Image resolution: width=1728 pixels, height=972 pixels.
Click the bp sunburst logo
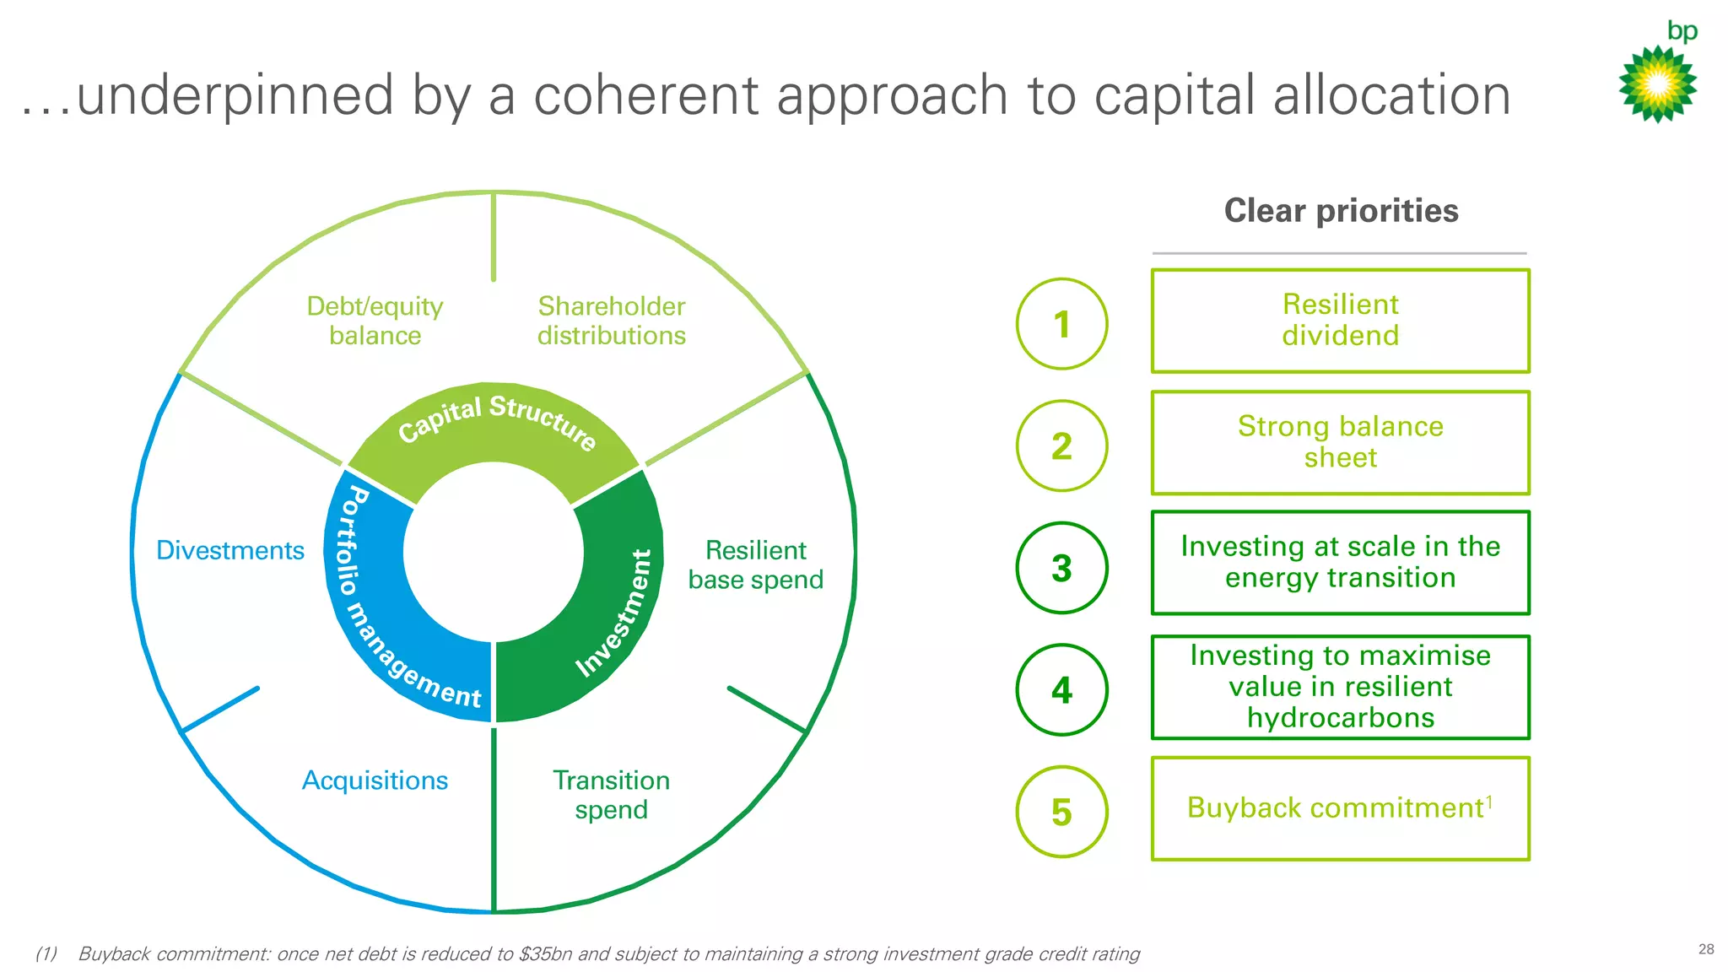1657,84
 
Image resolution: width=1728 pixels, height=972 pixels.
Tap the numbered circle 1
1061,324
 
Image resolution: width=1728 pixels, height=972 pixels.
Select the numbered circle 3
1061,568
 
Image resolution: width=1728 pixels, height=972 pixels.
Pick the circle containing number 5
1061,812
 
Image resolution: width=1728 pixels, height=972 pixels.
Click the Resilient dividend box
1340,321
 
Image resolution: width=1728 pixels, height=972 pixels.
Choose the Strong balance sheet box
1340,442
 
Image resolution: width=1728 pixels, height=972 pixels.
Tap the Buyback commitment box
1340,808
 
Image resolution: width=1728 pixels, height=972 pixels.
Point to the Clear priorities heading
1341,211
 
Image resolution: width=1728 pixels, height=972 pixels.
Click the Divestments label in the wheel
230,550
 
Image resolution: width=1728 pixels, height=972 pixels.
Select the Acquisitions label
375,780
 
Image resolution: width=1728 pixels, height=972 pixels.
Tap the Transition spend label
611,795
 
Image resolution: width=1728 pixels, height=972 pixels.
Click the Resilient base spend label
755,565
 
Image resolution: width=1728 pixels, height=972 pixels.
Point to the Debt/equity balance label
375,321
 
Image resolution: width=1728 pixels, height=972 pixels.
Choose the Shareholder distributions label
611,321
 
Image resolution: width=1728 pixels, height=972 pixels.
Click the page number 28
1706,949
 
